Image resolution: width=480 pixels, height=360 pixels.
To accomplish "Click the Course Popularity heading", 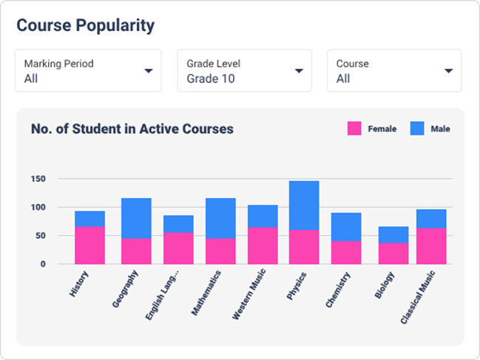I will (85, 25).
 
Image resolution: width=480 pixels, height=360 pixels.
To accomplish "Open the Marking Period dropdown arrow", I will (149, 71).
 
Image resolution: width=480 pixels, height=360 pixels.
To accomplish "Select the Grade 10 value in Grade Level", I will (210, 78).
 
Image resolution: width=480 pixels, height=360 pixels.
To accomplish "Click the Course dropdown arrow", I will (448, 71).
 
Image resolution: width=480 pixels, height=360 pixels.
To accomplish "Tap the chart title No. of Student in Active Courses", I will (132, 129).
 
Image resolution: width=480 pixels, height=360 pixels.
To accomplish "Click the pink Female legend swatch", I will (354, 129).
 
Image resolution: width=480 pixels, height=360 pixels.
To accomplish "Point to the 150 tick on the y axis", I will (38, 179).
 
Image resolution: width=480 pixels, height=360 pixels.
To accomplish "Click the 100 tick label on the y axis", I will (38, 208).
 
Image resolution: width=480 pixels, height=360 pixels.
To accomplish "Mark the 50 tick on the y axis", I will (41, 236).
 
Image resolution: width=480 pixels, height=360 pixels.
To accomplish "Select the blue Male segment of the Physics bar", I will (304, 206).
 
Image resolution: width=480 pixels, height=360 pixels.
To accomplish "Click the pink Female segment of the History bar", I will (89, 245).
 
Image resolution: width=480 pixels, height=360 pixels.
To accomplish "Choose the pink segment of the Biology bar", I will (393, 253).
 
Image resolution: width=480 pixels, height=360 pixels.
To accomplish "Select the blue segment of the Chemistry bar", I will (346, 227).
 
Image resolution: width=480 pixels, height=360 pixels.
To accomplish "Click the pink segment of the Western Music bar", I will (263, 245).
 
